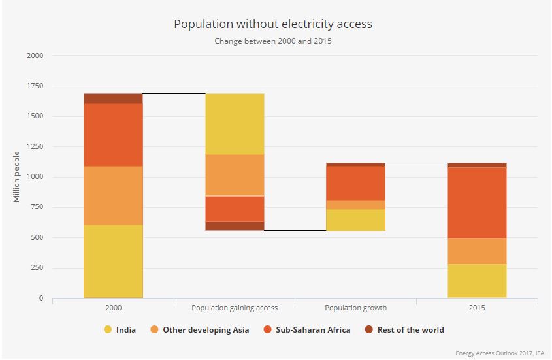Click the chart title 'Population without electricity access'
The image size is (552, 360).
[x=272, y=24]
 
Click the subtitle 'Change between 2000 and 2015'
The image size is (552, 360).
[x=272, y=41]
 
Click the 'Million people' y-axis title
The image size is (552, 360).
[x=17, y=176]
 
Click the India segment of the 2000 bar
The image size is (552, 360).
[x=113, y=261]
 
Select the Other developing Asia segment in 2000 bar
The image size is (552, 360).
[x=113, y=195]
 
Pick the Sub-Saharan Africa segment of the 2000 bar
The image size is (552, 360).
[x=113, y=135]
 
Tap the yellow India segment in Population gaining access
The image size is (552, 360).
[x=235, y=124]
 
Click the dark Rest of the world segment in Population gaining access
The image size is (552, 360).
[x=235, y=225]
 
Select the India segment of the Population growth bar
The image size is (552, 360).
[x=356, y=220]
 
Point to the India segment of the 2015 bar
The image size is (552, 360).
[x=478, y=280]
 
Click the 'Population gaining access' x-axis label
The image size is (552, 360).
[x=235, y=308]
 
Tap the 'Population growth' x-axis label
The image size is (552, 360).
[x=356, y=308]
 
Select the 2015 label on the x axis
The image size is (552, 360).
[x=478, y=308]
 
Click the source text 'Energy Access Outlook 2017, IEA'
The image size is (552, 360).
[x=499, y=353]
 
